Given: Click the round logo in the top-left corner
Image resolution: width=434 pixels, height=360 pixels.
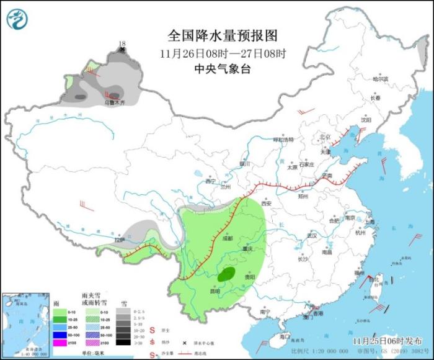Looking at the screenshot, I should [17, 19].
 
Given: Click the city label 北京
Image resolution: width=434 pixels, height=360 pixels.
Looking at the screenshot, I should [323, 136].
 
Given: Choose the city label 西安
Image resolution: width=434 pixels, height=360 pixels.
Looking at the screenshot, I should [267, 203].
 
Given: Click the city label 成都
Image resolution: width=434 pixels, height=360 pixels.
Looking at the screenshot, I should [227, 238].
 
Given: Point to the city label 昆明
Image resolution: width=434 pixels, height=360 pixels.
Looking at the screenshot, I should [214, 290].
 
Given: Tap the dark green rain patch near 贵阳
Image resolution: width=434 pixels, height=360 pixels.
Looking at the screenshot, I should [227, 273].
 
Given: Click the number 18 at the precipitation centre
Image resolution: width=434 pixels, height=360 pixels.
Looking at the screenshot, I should [122, 43].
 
